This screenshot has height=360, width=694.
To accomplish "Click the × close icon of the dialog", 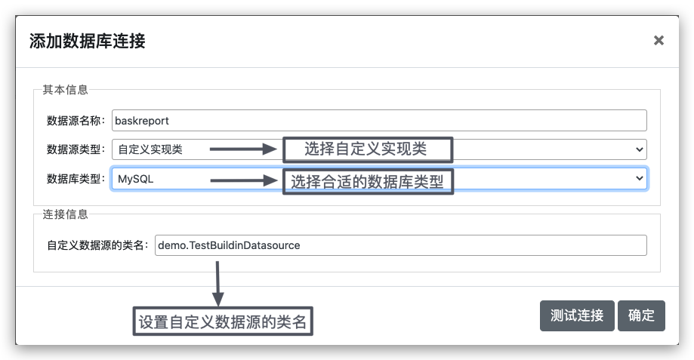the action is coord(659,41).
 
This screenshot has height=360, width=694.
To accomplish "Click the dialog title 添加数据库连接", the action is coord(87,41).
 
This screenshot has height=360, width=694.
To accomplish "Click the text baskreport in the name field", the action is coord(142,121).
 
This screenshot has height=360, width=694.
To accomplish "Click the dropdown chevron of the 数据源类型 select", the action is coord(639,149).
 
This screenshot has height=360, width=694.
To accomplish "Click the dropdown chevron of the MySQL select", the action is coord(639,178).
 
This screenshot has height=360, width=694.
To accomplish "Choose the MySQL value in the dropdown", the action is coord(135,179).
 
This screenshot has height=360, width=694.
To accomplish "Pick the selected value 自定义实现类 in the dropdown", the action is coord(150,149).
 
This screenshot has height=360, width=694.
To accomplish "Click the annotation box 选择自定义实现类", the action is coord(368,149).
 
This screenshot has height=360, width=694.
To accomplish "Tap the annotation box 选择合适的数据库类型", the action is coord(368,182).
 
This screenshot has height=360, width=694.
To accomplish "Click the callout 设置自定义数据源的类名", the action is coord(223,321).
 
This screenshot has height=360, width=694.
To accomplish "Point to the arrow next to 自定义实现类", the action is coord(243,149).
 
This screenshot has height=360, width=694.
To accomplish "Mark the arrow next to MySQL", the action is coord(244,180).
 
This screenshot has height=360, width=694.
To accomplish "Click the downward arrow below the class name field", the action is coord(217,284).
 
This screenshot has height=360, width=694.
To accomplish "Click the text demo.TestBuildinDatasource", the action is coord(229,245).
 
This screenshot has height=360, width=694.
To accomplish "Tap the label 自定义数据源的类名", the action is coord(96,245).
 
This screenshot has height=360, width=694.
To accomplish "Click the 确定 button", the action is coord(641,315).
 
